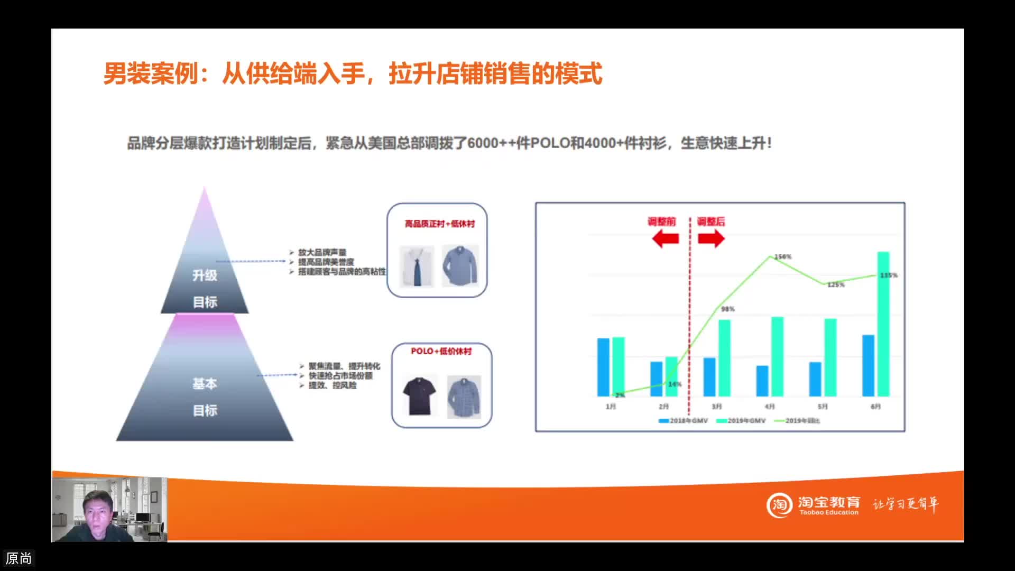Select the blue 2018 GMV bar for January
click(x=603, y=367)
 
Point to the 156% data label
click(x=783, y=257)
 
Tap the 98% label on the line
click(x=728, y=309)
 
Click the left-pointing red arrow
click(x=665, y=239)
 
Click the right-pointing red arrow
click(x=711, y=239)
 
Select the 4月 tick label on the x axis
click(x=770, y=407)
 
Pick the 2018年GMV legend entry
click(x=683, y=421)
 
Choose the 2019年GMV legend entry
click(x=741, y=421)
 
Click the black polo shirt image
click(x=419, y=395)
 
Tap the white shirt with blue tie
click(x=417, y=266)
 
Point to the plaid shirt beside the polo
click(x=464, y=397)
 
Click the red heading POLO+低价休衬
click(x=441, y=352)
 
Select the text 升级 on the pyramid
click(x=205, y=275)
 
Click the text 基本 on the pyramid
click(x=205, y=384)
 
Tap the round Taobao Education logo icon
click(x=779, y=505)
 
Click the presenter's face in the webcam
click(x=98, y=510)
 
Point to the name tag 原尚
click(x=19, y=558)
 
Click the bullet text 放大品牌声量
click(x=322, y=253)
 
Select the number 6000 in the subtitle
click(x=483, y=143)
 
